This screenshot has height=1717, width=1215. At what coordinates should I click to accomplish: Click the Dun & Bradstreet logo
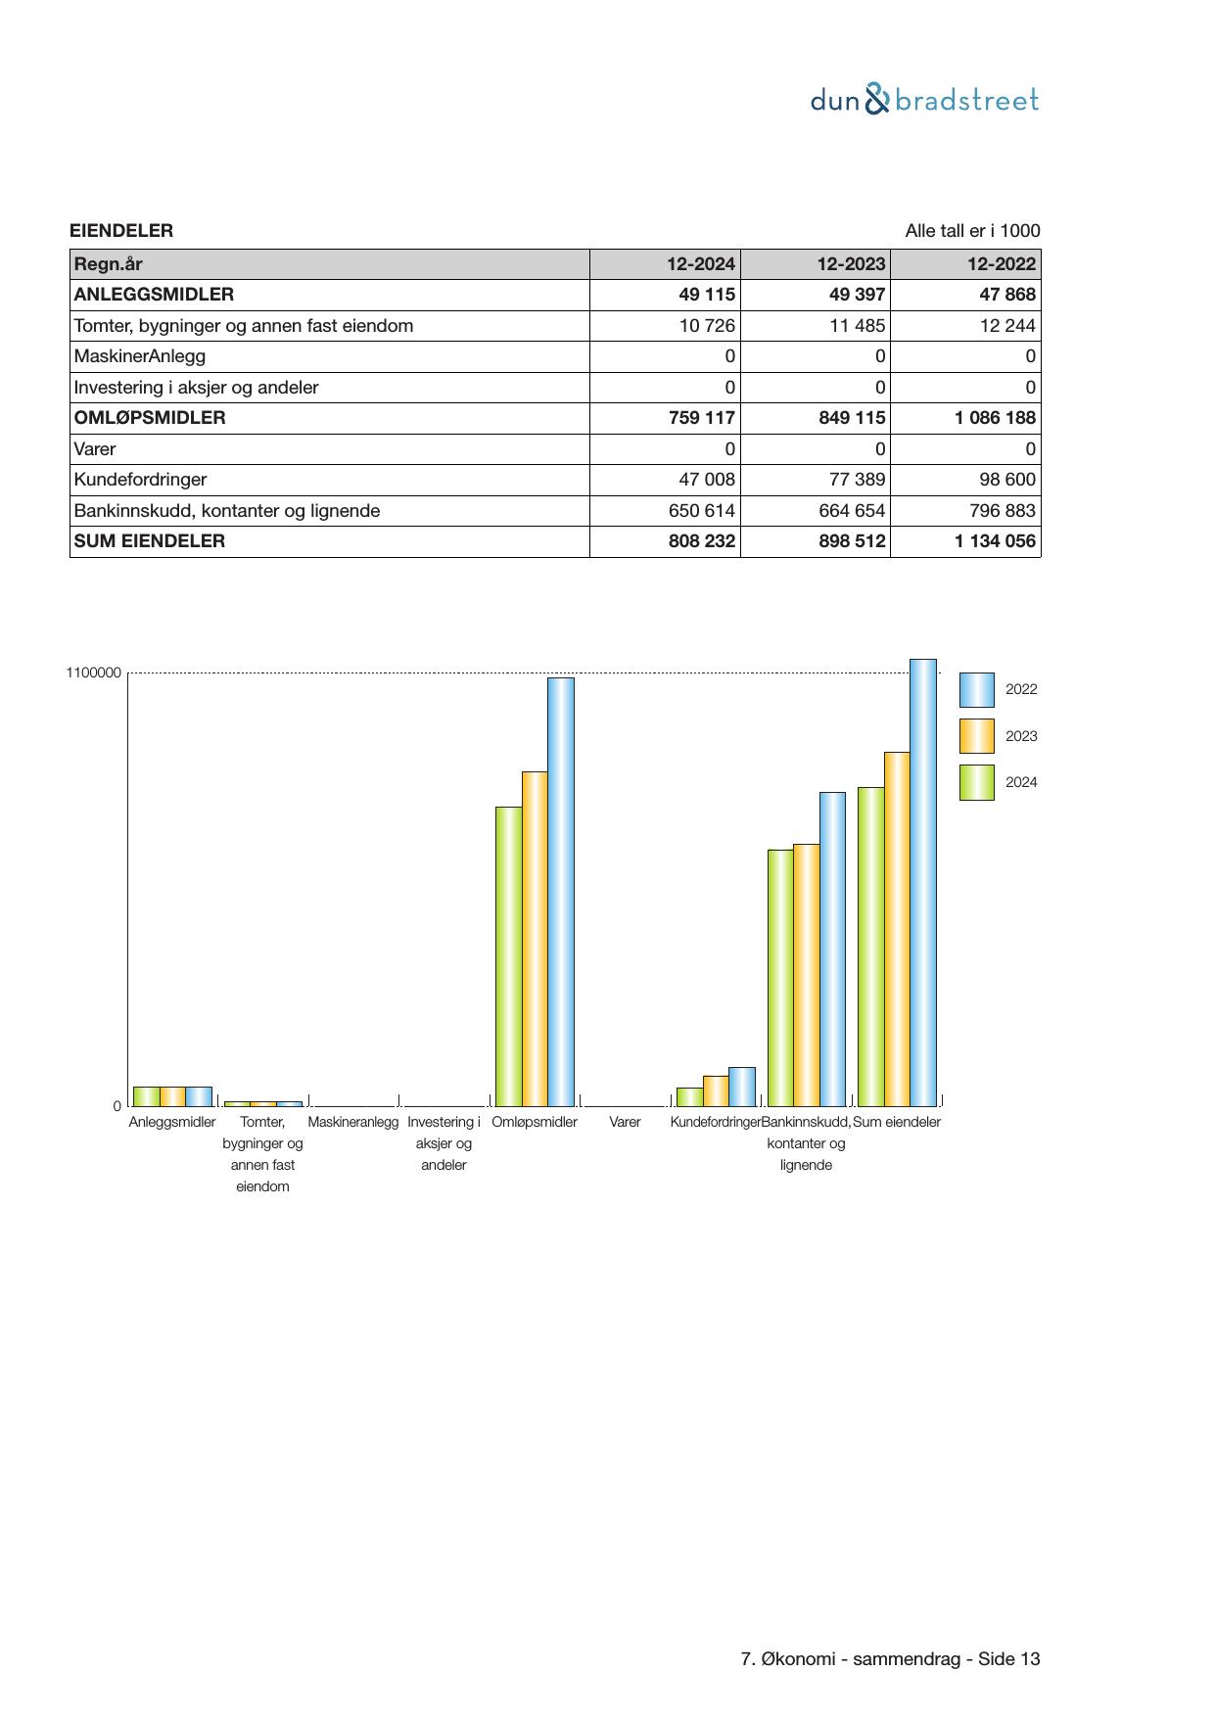coord(924,100)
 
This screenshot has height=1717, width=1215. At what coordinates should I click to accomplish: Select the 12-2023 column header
coord(852,263)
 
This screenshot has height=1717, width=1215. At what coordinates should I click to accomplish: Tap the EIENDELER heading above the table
coord(121,231)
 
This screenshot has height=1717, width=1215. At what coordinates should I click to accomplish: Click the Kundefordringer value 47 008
coord(707,480)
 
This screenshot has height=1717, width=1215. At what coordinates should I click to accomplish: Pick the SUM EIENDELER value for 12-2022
coord(995,541)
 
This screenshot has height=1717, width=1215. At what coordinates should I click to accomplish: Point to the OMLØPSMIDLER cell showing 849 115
coord(852,418)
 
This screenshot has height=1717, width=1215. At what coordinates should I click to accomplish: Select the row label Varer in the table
coord(95,449)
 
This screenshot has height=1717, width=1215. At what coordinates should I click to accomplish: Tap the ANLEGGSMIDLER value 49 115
coord(707,295)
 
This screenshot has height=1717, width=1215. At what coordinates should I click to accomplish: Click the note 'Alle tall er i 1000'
coord(972,231)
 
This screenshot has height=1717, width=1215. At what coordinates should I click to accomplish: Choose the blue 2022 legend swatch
coord(976,690)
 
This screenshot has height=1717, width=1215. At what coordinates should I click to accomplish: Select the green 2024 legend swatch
coord(976,783)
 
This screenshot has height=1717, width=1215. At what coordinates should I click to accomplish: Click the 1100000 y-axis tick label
coord(94,673)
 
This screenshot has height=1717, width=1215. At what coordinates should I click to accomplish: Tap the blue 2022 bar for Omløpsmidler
coord(561,891)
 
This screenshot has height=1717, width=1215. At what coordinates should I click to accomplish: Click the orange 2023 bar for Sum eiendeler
coord(897,928)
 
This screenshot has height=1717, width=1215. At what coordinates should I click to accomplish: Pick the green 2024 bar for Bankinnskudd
coord(780,977)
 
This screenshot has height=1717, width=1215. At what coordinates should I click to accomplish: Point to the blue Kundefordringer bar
coord(742,1087)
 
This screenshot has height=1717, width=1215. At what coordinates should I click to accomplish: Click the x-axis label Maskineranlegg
coord(353,1123)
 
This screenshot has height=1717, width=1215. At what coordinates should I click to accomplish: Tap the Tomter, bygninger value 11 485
coord(857,326)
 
